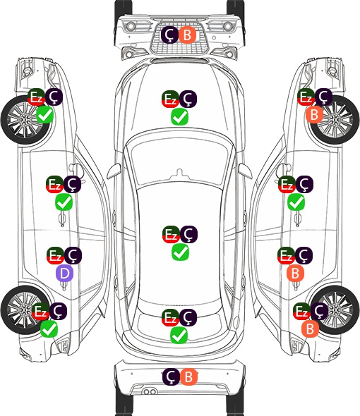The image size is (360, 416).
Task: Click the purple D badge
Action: coord(64,274)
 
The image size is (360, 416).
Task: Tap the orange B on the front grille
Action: coord(187,35)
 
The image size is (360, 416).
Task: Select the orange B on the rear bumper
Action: coord(188,377)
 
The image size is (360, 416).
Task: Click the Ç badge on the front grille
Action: coord(169,35)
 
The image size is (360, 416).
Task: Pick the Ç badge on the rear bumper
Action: coord(171,377)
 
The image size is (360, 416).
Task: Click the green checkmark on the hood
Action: coord(179,117)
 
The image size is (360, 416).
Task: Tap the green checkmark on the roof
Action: coord(181,252)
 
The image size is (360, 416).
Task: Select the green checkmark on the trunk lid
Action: coord(179,336)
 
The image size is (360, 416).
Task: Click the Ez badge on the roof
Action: coord(171,234)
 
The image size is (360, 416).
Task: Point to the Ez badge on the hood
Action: coord(170,99)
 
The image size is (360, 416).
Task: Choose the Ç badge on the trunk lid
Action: coord(188,317)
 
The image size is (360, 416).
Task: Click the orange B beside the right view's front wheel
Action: coord(314,115)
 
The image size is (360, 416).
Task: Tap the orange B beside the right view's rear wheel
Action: coord(310,329)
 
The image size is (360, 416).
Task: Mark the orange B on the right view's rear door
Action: coord(295,274)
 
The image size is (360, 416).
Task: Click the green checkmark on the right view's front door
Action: coord(296,202)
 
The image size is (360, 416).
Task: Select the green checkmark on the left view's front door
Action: coord(64,202)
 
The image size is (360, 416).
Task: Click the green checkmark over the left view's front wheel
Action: coord(45,115)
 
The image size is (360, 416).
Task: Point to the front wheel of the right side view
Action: coord(335,120)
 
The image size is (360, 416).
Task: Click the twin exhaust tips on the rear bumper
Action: coord(150,391)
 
